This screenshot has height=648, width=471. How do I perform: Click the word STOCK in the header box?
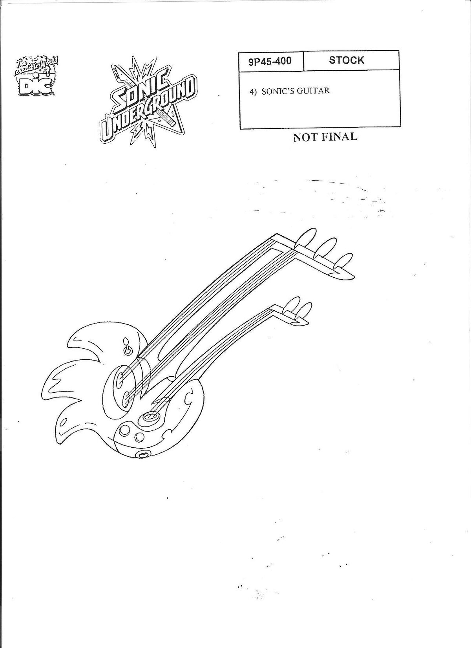click(347, 60)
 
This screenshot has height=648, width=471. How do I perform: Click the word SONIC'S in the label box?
click(277, 91)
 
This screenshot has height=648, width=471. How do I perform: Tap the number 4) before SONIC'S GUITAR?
click(254, 91)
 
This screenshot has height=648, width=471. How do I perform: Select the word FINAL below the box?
click(340, 137)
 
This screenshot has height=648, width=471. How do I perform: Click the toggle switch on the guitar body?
click(127, 349)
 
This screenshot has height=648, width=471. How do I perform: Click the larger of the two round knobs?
click(125, 430)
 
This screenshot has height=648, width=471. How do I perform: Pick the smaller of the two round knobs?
click(140, 436)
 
